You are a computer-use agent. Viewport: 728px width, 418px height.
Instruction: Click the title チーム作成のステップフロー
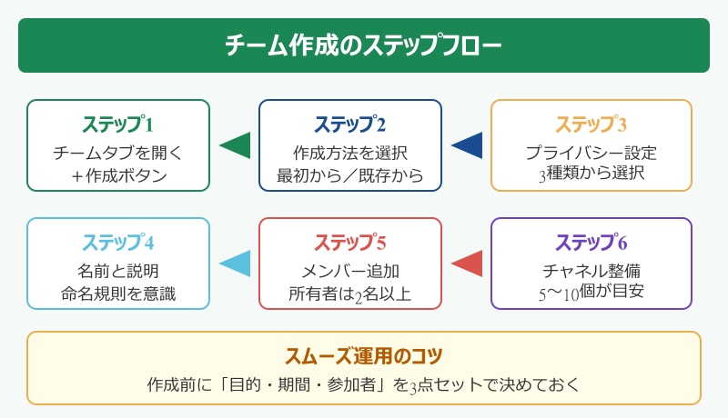click(x=363, y=45)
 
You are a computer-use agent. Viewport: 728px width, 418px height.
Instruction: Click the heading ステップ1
click(x=118, y=124)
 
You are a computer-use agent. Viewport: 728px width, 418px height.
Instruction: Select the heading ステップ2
click(x=350, y=124)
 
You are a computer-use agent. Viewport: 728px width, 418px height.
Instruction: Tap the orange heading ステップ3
click(x=591, y=124)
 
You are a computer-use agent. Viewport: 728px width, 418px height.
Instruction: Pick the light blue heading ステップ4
click(x=118, y=243)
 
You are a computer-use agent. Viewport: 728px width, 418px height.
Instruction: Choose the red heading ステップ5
click(x=350, y=243)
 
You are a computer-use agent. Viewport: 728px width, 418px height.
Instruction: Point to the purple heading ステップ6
click(x=591, y=243)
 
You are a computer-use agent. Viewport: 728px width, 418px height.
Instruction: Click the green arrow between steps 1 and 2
click(x=235, y=145)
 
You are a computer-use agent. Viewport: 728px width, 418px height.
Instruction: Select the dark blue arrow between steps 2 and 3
click(x=467, y=145)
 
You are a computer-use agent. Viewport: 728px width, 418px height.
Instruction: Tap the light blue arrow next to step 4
click(x=235, y=264)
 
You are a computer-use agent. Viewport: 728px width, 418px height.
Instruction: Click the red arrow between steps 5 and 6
click(x=467, y=264)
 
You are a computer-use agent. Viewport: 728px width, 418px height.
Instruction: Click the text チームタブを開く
click(x=118, y=152)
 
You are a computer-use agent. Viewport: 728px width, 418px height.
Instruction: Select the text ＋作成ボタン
click(x=118, y=175)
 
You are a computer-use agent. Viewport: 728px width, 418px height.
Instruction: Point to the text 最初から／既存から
click(x=350, y=175)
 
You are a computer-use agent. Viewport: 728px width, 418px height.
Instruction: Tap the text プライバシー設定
click(x=591, y=152)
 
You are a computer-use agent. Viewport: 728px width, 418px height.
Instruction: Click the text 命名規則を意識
click(x=118, y=294)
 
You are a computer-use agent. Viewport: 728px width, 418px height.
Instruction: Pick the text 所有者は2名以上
click(x=350, y=294)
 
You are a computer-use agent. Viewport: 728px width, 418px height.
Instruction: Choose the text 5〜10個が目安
click(x=591, y=294)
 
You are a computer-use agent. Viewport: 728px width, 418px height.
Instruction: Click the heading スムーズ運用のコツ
click(x=363, y=355)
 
